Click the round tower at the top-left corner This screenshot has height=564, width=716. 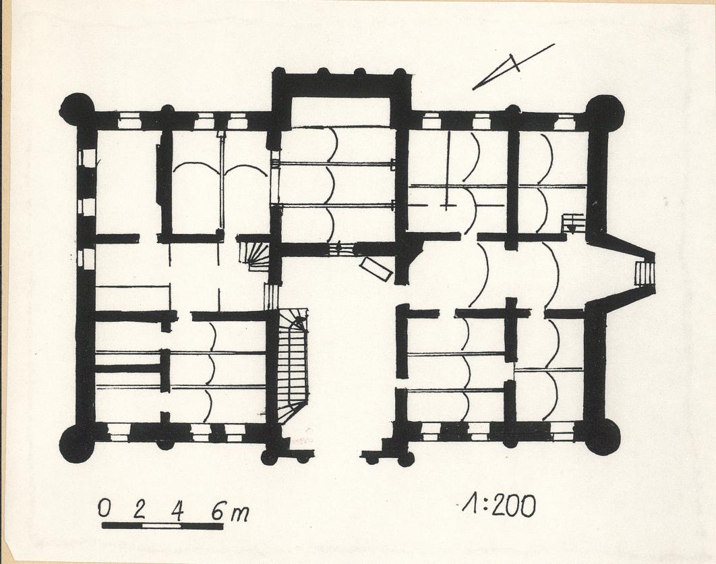point(77,110)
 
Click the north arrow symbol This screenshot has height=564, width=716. point(514,66)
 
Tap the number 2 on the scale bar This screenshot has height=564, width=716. point(140,509)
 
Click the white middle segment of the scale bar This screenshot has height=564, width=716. point(162,526)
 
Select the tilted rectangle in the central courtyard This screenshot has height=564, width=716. point(376,269)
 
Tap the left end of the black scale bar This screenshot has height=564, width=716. point(102,526)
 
